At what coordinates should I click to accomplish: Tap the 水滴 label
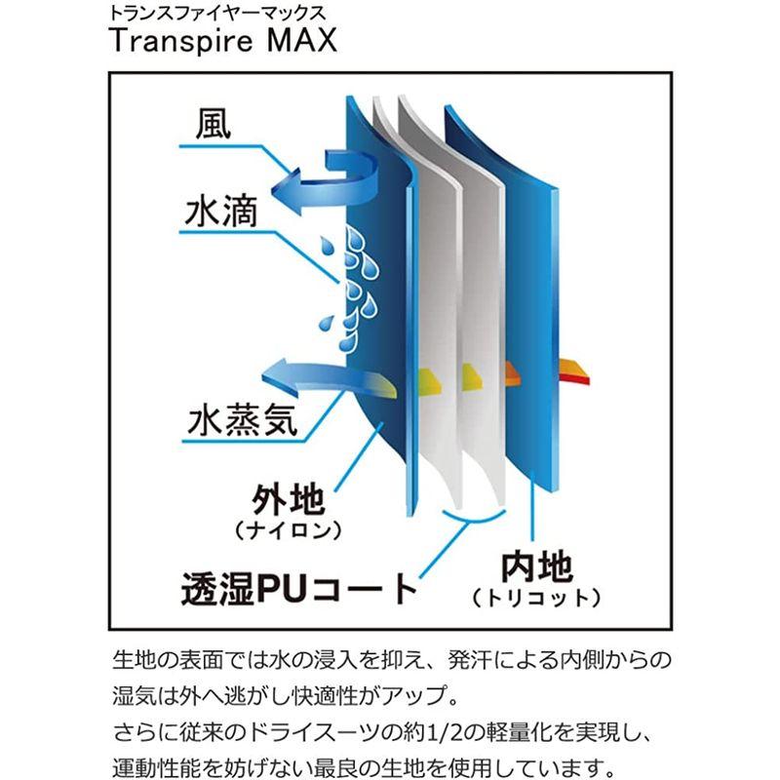click(220, 210)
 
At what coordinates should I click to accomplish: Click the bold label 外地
click(288, 503)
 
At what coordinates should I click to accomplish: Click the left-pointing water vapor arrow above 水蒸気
click(305, 374)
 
